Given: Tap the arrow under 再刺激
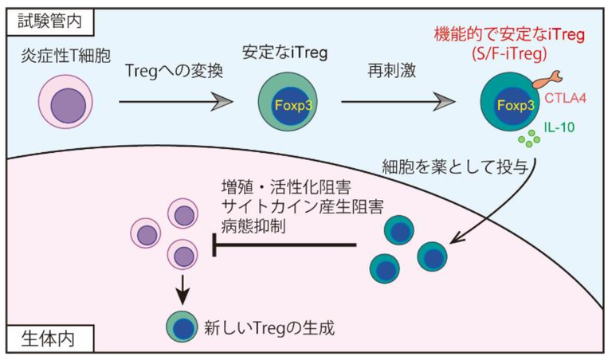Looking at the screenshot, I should point(401,103).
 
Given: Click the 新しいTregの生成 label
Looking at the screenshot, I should point(254,327).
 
